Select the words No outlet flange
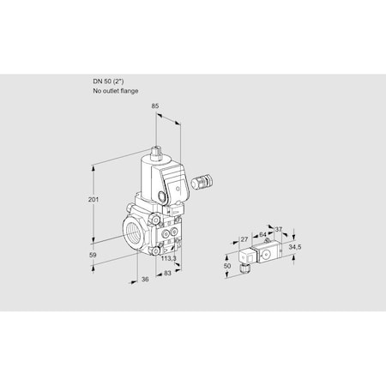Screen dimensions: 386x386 click(x=114, y=90)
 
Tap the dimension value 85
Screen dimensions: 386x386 click(x=155, y=107)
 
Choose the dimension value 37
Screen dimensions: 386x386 click(x=278, y=228)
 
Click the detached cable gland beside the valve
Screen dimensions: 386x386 click(x=204, y=182)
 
